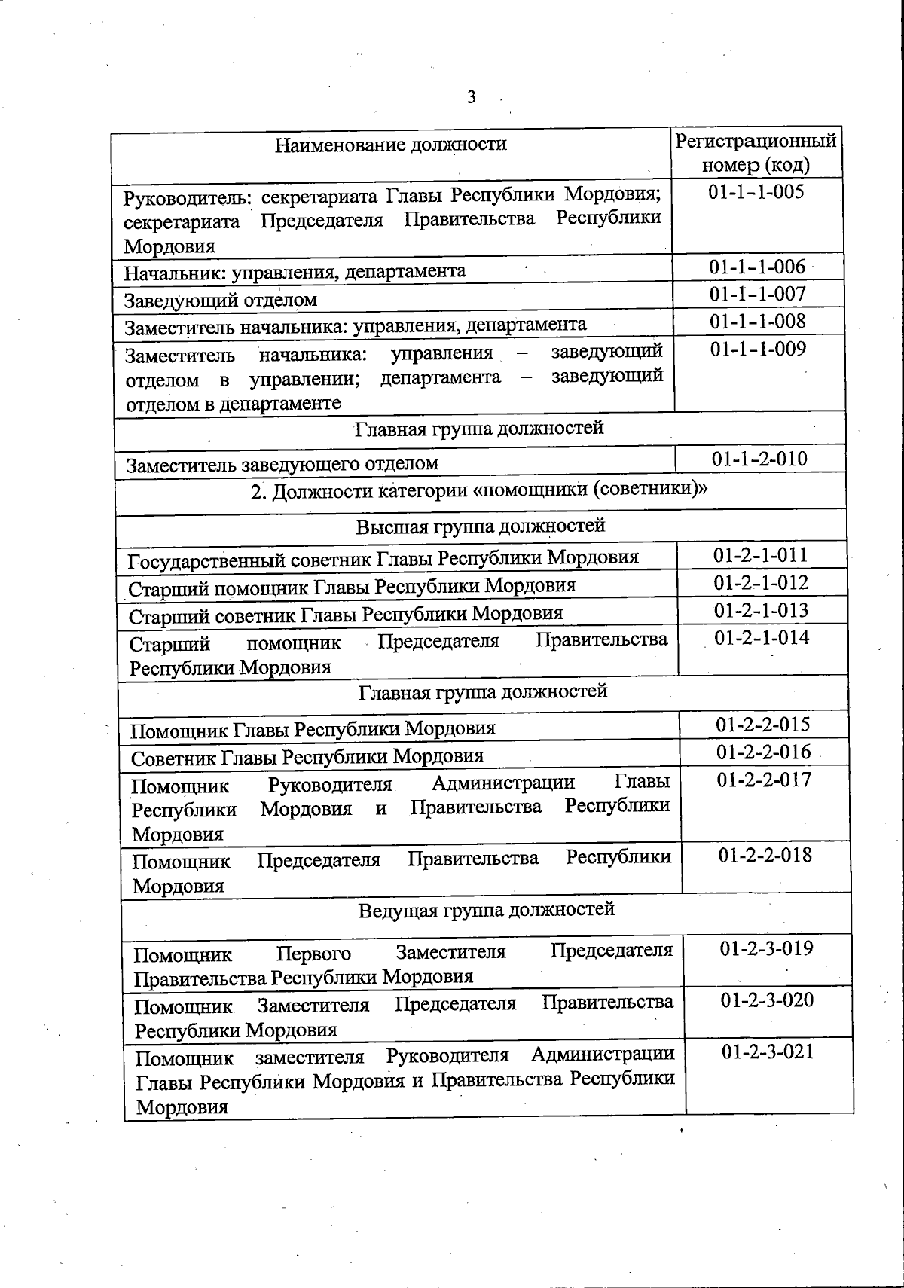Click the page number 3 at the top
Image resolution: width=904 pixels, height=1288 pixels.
pos(472,97)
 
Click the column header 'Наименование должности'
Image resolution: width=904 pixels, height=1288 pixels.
pos(390,144)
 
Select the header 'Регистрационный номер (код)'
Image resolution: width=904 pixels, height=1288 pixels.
pos(756,153)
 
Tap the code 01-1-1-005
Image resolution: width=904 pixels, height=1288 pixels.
pos(756,191)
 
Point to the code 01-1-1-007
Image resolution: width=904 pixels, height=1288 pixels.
pos(757,294)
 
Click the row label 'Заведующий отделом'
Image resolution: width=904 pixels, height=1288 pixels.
pos(221,300)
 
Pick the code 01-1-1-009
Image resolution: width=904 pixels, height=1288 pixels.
pos(758,349)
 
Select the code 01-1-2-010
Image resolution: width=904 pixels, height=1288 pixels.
pos(759,459)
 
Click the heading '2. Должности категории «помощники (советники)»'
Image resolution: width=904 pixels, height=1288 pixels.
pos(479,490)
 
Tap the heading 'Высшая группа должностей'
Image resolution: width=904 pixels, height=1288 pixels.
pos(481,525)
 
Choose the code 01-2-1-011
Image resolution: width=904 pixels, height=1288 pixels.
pos(761,556)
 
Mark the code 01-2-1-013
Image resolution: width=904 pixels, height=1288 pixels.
pos(762,610)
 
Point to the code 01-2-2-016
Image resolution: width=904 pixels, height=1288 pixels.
pos(763,752)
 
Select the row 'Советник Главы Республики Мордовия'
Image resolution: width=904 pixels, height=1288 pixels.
pos(307,756)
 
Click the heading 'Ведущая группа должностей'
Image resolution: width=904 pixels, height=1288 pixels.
pos(487,909)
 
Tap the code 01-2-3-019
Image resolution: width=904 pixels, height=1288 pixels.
pos(766,948)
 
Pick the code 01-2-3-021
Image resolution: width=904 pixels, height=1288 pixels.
pos(768,1051)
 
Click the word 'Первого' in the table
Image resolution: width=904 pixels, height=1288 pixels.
pos(313,954)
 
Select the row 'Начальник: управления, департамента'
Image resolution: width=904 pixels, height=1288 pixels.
pos(295,271)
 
